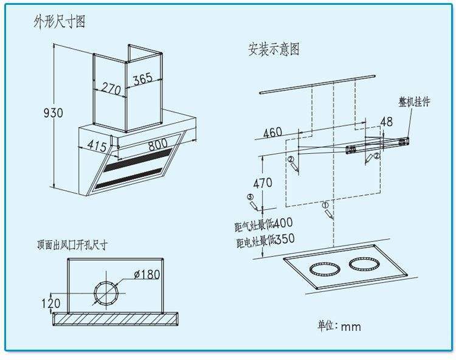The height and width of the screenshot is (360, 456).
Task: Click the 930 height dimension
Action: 54,113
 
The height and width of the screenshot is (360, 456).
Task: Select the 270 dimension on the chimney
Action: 111,88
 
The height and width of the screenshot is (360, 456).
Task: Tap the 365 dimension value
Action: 142,78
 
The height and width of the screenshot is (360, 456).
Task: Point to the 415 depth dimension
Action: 97,146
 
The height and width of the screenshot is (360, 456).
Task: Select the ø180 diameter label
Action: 146,274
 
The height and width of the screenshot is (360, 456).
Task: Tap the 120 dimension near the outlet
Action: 51,303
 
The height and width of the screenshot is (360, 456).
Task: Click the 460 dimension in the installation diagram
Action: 272,132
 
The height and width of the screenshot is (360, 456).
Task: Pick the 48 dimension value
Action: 386,122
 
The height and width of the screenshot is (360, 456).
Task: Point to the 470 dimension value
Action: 263,182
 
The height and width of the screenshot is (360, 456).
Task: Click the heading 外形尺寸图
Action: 59,22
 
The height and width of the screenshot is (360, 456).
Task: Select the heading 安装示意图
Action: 274,49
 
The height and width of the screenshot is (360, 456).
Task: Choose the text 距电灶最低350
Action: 265,241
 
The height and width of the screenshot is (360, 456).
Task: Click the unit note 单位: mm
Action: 339,326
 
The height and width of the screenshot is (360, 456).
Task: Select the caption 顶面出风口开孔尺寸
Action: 72,245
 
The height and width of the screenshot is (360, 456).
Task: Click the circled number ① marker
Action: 325,206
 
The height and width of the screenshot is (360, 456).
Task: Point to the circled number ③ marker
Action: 249,197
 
